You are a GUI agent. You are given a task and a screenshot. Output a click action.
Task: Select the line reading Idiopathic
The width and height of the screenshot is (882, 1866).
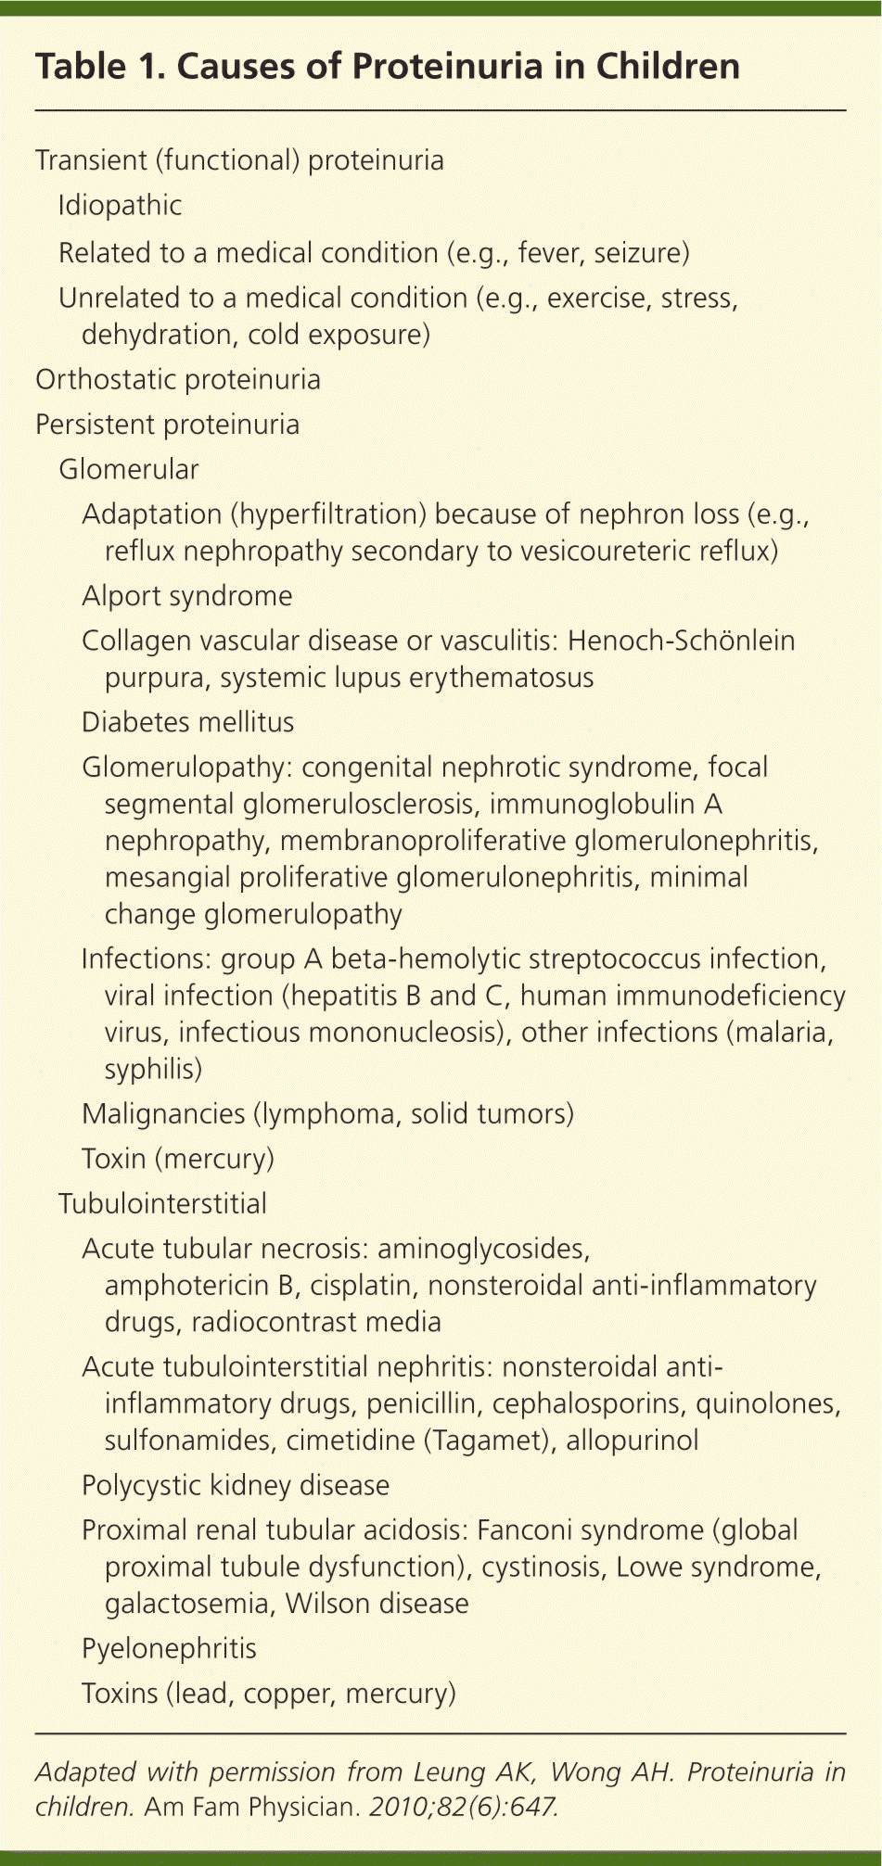point(120,206)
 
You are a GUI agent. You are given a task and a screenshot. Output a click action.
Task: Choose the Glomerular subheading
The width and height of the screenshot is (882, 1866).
point(128,470)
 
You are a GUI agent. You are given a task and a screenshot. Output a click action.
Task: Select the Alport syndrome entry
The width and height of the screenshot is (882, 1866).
point(186,596)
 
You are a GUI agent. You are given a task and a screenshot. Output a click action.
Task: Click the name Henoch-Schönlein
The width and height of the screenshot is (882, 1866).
point(681,641)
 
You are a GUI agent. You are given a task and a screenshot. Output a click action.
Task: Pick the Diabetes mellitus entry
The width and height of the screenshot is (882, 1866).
point(187,723)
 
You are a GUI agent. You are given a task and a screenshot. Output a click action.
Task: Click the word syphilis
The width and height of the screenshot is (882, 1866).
point(151,1070)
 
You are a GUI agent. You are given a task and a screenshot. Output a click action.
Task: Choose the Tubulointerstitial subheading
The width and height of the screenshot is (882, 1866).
point(162,1204)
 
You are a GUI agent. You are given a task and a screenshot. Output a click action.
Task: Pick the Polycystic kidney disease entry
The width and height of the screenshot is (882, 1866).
point(235,1486)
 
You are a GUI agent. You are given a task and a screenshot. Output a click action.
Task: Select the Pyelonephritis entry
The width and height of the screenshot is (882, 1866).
point(169,1649)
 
